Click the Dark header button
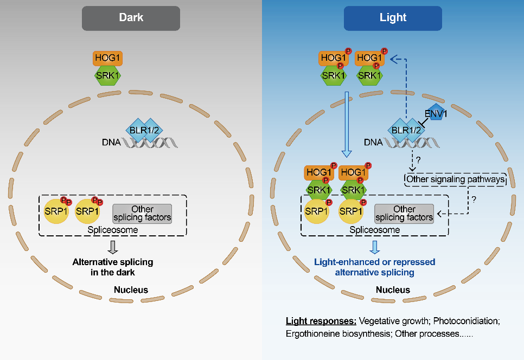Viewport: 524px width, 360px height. point(131,18)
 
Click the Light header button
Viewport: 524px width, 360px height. point(393,18)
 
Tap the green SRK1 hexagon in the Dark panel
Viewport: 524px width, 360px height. point(107,75)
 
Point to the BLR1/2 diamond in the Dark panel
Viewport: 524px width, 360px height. point(143,130)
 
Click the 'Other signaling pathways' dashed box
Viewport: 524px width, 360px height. point(455,179)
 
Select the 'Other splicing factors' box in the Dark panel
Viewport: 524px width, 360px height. point(142,213)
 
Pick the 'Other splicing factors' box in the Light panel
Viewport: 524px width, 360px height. point(404,213)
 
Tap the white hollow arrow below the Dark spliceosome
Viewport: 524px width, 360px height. point(113,247)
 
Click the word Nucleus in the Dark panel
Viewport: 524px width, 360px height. point(131,290)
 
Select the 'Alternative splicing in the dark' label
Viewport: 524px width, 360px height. point(113,267)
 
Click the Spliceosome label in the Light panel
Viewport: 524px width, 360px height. point(374,230)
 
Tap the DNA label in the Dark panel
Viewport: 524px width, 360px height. point(111,143)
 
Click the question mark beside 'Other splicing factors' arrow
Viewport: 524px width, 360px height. point(474,199)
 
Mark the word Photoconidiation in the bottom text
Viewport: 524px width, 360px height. point(466,320)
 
